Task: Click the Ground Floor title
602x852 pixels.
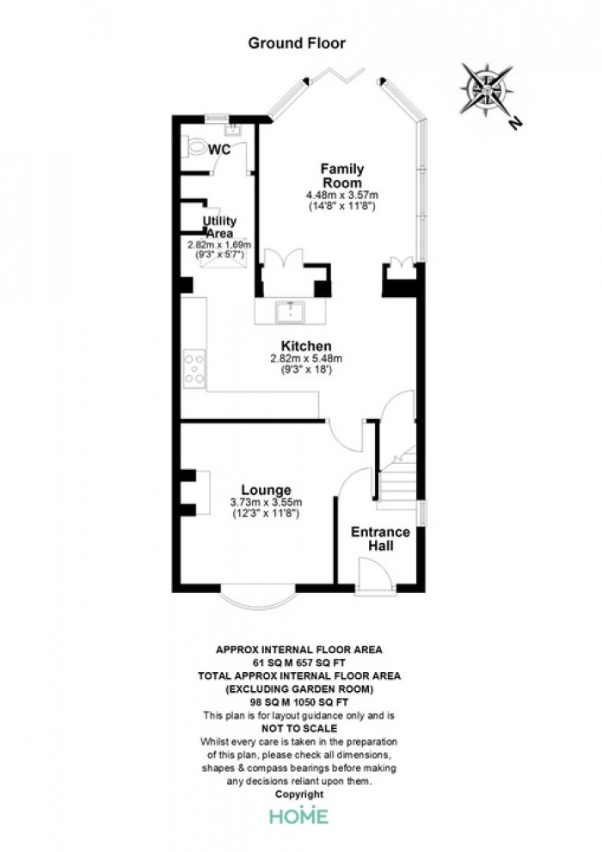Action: (297, 44)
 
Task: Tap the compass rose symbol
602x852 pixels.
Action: (487, 89)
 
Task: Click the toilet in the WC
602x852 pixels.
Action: (195, 146)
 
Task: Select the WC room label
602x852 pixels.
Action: (220, 149)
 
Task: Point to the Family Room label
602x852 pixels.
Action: (342, 176)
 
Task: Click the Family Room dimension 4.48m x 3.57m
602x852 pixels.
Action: (342, 194)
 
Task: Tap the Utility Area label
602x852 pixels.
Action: (219, 226)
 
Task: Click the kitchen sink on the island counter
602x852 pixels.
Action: (292, 312)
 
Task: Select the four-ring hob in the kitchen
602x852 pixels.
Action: (194, 369)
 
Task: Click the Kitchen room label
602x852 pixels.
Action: (306, 346)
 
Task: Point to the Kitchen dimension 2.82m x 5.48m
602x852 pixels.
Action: (306, 359)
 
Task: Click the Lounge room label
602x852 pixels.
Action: (266, 490)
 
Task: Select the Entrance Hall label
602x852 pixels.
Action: (380, 539)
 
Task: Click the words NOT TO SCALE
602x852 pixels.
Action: (299, 729)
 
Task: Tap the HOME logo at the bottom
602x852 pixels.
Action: (299, 815)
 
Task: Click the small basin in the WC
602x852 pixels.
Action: (233, 129)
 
